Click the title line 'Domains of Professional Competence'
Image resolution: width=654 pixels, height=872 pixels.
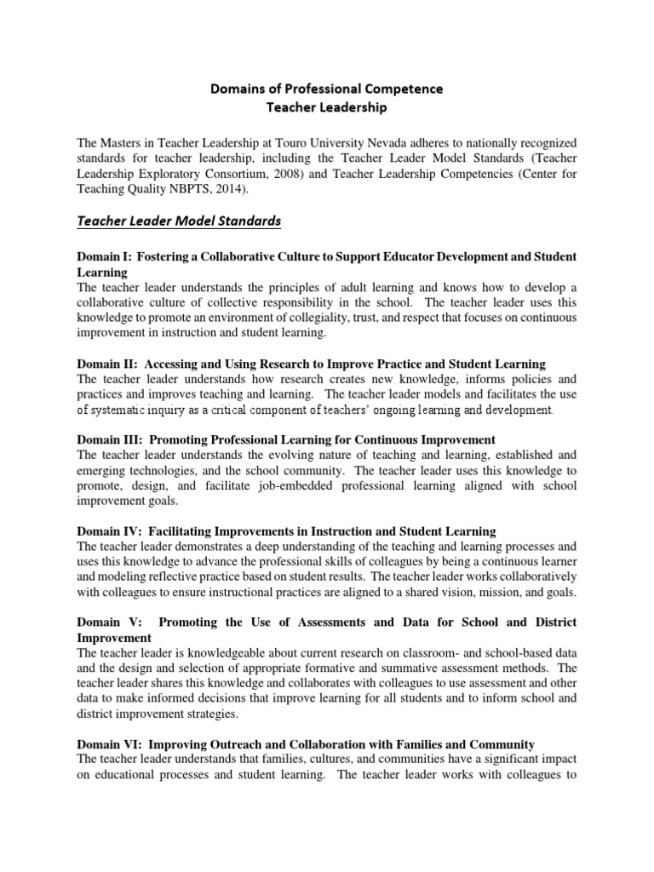pos(327,89)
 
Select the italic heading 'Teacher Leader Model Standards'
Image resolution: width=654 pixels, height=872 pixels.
pos(179,221)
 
